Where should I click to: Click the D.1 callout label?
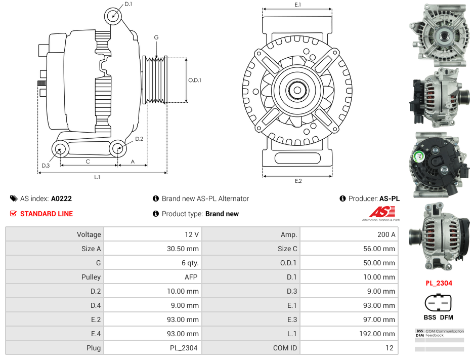click(x=128, y=4)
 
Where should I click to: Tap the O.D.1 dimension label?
click(x=195, y=80)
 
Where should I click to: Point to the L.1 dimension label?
click(x=97, y=177)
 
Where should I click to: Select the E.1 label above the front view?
click(x=298, y=5)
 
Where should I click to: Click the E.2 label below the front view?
click(x=298, y=181)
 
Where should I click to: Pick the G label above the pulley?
click(x=156, y=37)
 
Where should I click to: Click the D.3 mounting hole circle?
click(x=61, y=149)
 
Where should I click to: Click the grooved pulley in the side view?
click(x=155, y=80)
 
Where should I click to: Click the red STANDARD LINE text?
click(x=47, y=214)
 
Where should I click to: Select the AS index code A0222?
click(x=61, y=199)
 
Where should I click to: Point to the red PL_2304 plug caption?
click(x=438, y=284)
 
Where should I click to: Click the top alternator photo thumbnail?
click(x=439, y=33)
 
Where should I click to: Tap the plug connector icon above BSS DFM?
click(x=438, y=303)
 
